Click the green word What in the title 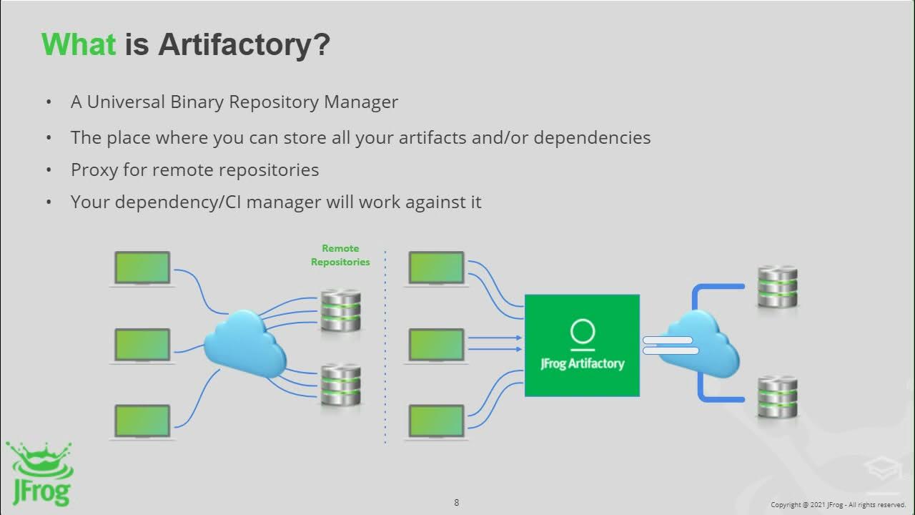(x=78, y=44)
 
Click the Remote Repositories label (x=340, y=255)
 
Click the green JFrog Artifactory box (x=582, y=345)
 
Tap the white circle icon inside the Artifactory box (x=583, y=332)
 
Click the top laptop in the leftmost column (x=143, y=268)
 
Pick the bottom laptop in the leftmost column (x=143, y=421)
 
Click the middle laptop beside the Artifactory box (x=436, y=345)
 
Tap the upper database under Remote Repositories (x=340, y=310)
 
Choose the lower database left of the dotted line (x=340, y=385)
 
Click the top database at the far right (x=777, y=286)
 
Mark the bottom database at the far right (x=777, y=396)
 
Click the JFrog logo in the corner (x=39, y=473)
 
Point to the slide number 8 (x=457, y=502)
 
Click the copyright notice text (x=838, y=505)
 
